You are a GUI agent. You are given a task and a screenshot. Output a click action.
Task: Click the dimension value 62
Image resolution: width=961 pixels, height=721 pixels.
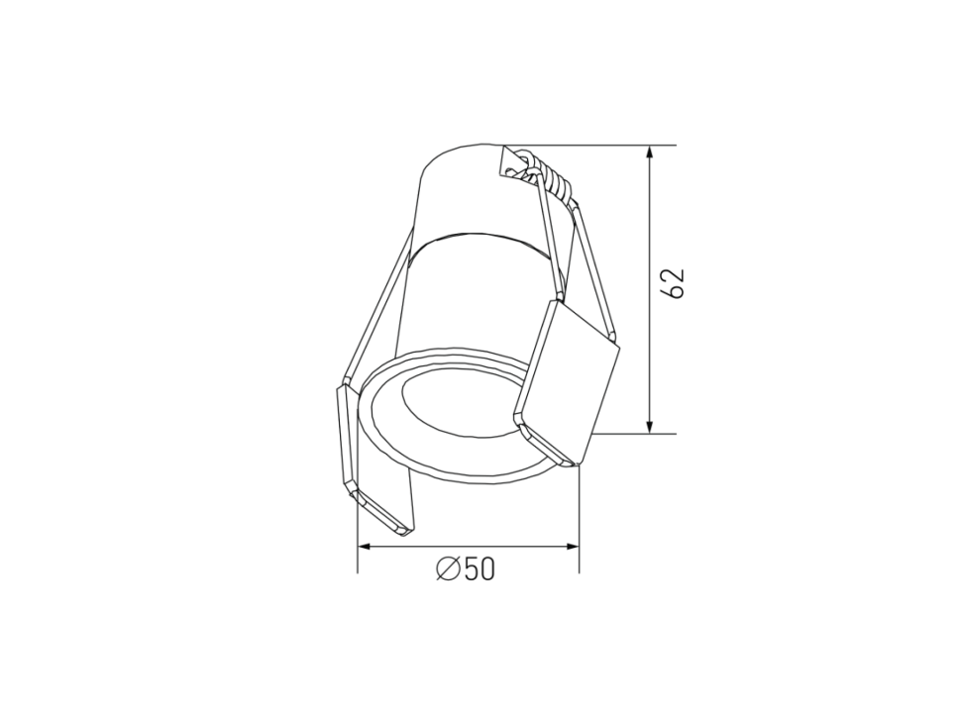[673, 283]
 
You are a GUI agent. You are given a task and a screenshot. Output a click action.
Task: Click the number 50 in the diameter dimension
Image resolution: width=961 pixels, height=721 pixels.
[479, 569]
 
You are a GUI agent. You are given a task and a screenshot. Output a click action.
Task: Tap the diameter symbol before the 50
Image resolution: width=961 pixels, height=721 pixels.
[448, 569]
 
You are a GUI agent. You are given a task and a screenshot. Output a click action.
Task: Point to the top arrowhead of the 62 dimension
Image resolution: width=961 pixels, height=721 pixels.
[650, 153]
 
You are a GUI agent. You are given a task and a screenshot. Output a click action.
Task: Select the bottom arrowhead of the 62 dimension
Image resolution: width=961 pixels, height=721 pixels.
[650, 426]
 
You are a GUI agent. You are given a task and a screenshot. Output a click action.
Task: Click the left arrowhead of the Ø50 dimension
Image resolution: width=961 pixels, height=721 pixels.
[366, 546]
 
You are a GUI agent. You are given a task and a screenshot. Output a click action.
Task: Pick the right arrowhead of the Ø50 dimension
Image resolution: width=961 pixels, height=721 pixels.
[572, 546]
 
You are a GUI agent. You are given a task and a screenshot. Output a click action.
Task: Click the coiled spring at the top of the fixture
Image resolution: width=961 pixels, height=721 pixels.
[548, 177]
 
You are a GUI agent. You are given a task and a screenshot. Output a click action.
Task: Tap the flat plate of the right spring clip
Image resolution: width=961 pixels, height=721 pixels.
[567, 381]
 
